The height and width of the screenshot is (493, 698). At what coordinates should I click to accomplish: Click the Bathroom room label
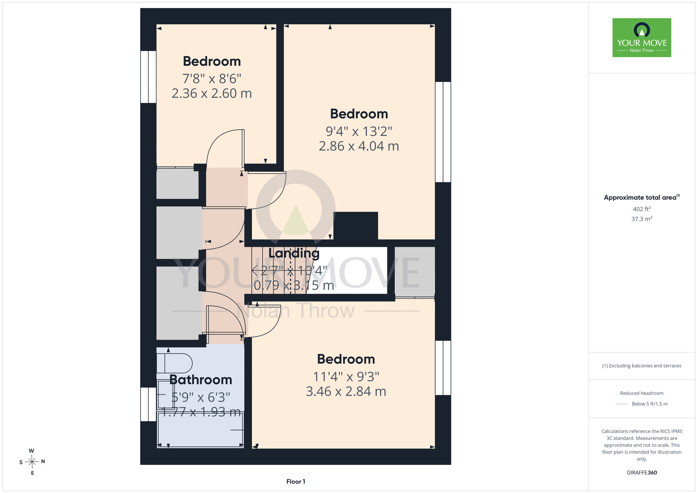(x=201, y=379)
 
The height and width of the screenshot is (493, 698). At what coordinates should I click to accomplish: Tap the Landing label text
(x=294, y=253)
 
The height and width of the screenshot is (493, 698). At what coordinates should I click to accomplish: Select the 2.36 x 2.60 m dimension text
(x=211, y=93)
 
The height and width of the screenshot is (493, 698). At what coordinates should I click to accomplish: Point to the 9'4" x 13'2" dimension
(x=359, y=131)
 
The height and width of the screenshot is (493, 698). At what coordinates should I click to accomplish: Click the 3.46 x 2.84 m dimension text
(x=346, y=392)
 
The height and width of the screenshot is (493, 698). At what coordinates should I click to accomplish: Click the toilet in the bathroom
(x=174, y=363)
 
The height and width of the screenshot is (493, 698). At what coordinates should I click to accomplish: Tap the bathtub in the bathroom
(x=200, y=430)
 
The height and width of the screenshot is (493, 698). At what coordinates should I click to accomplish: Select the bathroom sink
(x=166, y=394)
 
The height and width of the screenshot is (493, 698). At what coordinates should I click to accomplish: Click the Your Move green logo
(x=642, y=38)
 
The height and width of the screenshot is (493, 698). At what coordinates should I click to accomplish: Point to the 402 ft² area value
(x=642, y=209)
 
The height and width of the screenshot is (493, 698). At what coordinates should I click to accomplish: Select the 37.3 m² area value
(x=642, y=219)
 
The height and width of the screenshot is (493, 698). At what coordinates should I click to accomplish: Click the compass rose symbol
(x=32, y=462)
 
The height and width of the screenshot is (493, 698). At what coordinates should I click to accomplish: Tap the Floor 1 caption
(x=296, y=481)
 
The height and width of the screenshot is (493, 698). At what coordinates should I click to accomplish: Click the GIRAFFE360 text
(x=642, y=473)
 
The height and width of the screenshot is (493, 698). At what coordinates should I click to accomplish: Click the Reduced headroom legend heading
(x=642, y=393)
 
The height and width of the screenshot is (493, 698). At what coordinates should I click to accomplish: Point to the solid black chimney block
(x=356, y=226)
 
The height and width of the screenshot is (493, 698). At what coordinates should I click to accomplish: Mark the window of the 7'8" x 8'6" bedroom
(x=148, y=77)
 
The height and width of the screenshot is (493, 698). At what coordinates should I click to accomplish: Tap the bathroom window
(x=148, y=404)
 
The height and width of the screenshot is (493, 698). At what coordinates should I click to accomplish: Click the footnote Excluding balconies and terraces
(x=642, y=366)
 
